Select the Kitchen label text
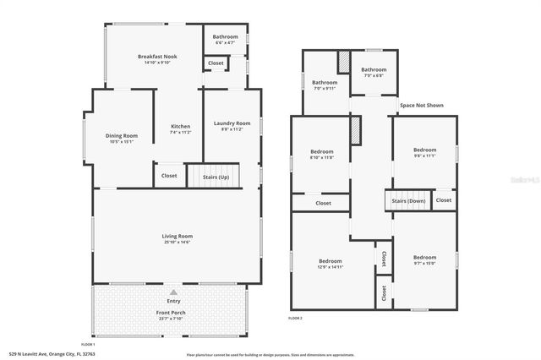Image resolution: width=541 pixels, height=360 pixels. pyautogui.click(x=181, y=127)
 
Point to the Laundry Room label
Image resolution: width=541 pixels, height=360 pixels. pyautogui.click(x=231, y=123)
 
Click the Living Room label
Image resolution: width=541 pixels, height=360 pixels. pyautogui.click(x=178, y=236)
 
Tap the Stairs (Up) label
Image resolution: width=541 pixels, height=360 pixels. pyautogui.click(x=217, y=177)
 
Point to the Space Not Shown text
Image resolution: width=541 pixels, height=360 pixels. pyautogui.click(x=422, y=106)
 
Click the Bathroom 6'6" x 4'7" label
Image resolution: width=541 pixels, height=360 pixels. pyautogui.click(x=225, y=36)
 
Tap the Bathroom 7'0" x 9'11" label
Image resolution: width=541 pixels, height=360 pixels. pyautogui.click(x=325, y=82)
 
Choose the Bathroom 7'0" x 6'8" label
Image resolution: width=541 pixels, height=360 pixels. pyautogui.click(x=374, y=70)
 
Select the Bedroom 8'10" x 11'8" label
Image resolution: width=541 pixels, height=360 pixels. pyautogui.click(x=322, y=151)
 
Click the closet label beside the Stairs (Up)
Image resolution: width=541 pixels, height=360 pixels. pyautogui.click(x=169, y=177)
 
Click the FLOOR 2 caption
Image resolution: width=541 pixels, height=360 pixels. pyautogui.click(x=295, y=318)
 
